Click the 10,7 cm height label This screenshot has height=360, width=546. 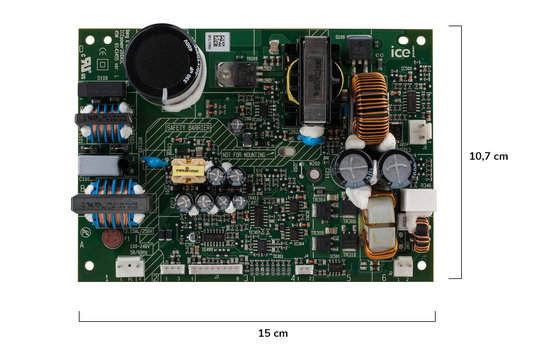pyautogui.click(x=489, y=156)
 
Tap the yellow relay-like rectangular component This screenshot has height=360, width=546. pyautogui.click(x=185, y=171)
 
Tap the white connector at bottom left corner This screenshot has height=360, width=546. pyautogui.click(x=130, y=266)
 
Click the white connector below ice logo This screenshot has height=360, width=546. pyautogui.click(x=423, y=131)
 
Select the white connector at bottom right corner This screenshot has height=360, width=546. pyautogui.click(x=403, y=266)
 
